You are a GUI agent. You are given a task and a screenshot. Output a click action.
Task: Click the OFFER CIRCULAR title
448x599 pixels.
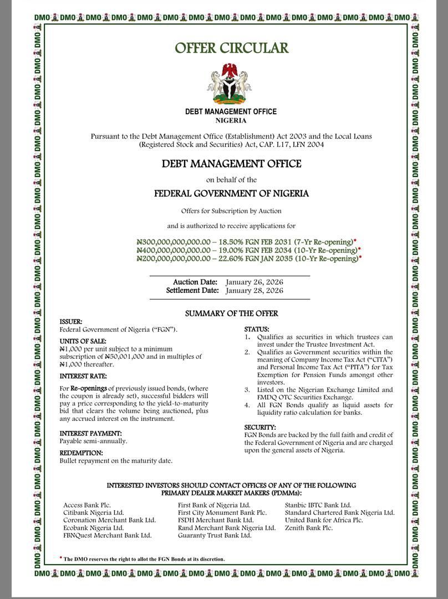[231, 48]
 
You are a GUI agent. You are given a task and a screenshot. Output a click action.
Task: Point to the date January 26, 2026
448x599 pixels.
[254, 282]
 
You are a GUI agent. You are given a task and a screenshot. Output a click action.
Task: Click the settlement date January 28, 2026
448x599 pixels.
[254, 291]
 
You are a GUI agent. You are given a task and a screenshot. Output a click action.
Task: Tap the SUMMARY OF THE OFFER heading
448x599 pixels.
[231, 313]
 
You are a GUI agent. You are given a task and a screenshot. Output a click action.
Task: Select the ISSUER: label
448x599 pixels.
[71, 322]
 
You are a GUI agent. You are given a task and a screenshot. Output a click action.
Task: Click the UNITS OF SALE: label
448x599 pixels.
[83, 341]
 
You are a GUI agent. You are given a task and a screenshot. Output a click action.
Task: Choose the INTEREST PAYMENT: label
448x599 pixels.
[90, 433]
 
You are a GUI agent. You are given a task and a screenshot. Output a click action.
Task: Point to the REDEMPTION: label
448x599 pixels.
[82, 453]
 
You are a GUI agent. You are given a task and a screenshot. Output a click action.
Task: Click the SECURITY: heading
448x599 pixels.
[260, 427]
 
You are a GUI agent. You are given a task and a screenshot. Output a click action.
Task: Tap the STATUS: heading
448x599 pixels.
[257, 329]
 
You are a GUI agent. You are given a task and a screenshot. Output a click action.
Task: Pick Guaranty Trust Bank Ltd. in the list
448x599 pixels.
[215, 536]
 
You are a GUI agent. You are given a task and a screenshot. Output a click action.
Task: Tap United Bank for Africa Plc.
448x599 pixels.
[324, 520]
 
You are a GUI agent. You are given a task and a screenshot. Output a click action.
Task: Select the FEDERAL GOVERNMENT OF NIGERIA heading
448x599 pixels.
[231, 194]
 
